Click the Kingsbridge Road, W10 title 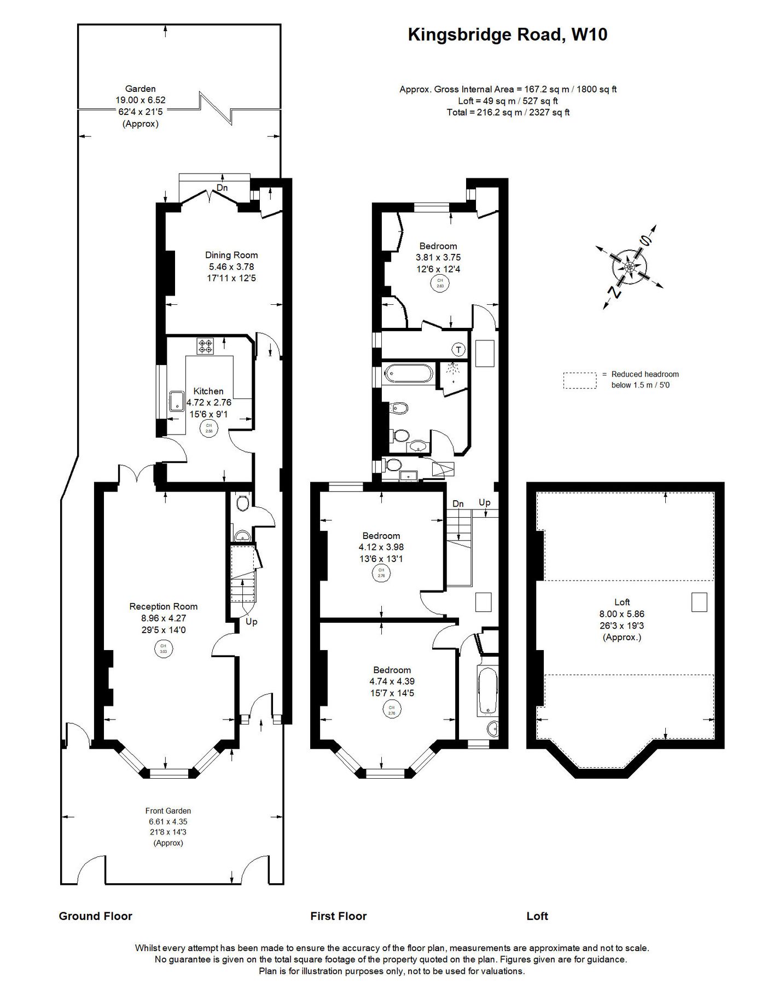[x=507, y=35]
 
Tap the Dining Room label [x=231, y=255]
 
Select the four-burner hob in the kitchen [x=206, y=346]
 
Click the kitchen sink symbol [x=177, y=401]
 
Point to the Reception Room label [x=163, y=606]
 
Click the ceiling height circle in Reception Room [x=163, y=649]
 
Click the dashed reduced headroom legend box [x=579, y=380]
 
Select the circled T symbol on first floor [x=458, y=349]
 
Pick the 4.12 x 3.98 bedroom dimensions [x=381, y=547]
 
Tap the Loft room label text [x=622, y=602]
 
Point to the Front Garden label [x=168, y=811]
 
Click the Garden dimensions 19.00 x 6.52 [x=140, y=100]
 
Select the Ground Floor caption [x=96, y=916]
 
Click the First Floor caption [x=338, y=916]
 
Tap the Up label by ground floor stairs [x=251, y=622]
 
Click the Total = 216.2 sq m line [x=508, y=113]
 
